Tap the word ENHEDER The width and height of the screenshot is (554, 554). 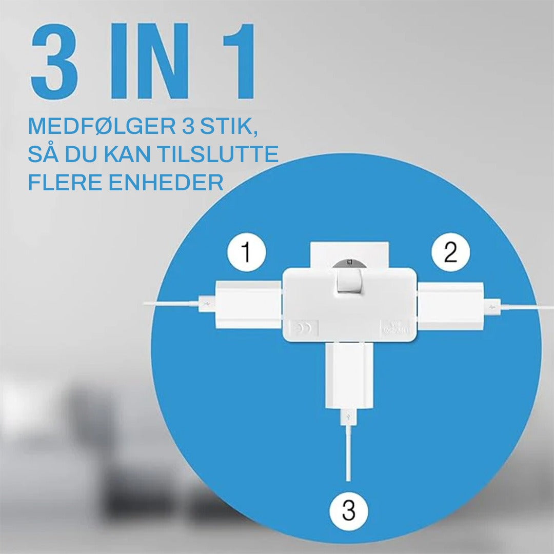[x=167, y=182]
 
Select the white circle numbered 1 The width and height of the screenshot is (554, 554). [x=247, y=253]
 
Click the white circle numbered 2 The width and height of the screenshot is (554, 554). [x=450, y=253]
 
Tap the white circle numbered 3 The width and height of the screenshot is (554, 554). [x=349, y=511]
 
